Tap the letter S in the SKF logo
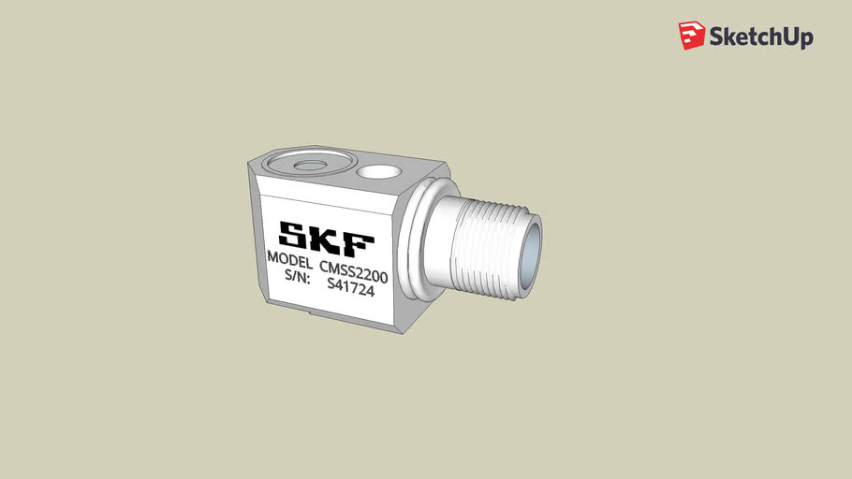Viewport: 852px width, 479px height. tap(292, 235)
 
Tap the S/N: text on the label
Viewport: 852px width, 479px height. tap(297, 277)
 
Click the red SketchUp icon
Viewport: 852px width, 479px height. tap(691, 36)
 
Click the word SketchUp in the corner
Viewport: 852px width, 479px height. tap(760, 36)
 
